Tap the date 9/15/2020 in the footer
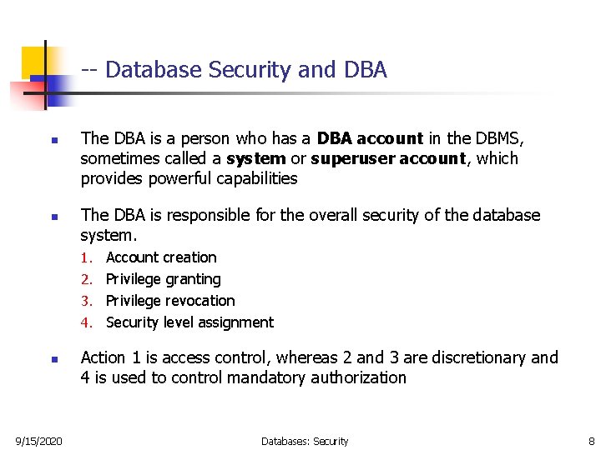point(38,441)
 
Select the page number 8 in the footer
point(591,441)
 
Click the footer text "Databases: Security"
point(305,441)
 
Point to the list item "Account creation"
point(161,257)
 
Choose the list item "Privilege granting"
point(164,279)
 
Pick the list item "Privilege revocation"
point(170,301)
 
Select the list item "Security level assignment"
point(189,322)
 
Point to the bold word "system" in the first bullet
point(255,158)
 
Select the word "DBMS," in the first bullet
point(498,138)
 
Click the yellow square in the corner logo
point(33,61)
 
